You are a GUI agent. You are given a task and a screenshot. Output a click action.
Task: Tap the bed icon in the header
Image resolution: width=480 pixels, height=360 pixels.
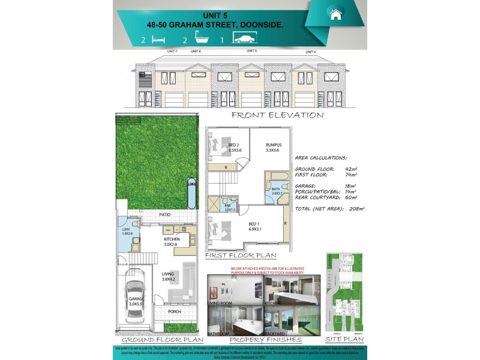coord(158,40)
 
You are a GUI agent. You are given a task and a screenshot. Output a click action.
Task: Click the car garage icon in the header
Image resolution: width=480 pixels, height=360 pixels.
coord(245,40)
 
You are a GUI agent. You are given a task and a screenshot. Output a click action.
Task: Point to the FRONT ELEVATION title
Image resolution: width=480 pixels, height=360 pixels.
coord(277,115)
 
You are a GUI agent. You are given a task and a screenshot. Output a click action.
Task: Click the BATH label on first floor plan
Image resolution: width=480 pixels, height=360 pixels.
coord(276,190)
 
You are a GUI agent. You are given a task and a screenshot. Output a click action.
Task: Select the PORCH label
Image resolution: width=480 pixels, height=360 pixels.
coord(174,312)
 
